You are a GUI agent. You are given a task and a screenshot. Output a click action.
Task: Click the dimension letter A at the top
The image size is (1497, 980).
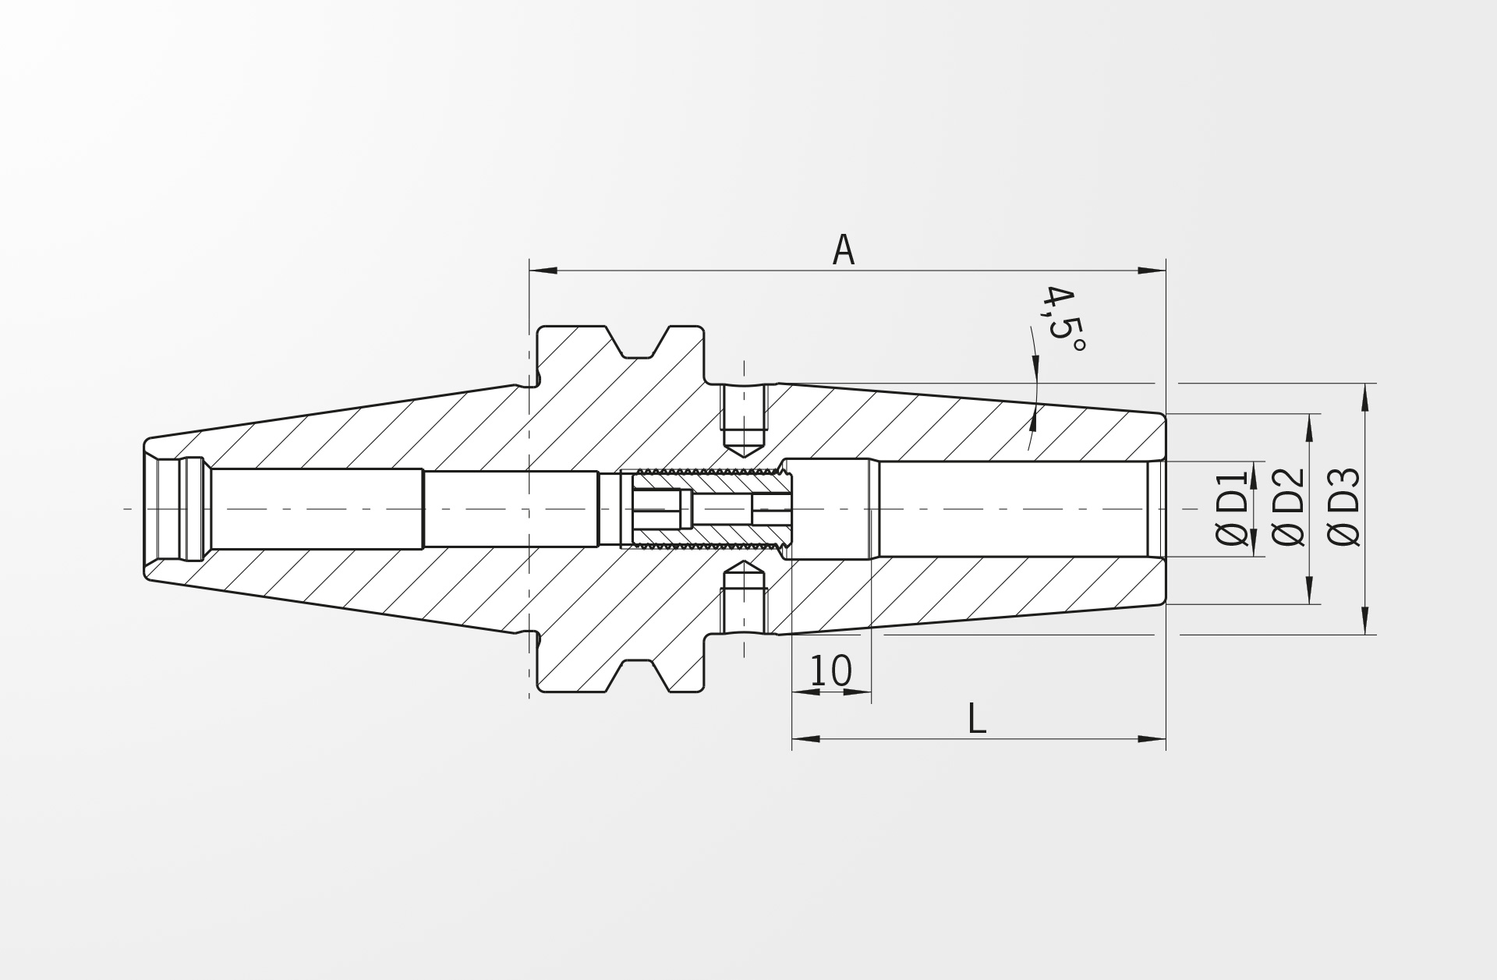click(844, 250)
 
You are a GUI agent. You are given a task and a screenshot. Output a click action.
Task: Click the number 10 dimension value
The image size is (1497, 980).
click(831, 670)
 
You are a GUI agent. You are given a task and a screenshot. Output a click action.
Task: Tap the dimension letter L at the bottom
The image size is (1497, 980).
click(976, 719)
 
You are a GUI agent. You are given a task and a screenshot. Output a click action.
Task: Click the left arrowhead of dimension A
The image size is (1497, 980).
click(543, 271)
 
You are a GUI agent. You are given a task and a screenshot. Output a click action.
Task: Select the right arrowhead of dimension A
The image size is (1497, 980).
click(1152, 271)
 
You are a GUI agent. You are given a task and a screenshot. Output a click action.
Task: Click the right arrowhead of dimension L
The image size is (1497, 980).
click(1152, 738)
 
